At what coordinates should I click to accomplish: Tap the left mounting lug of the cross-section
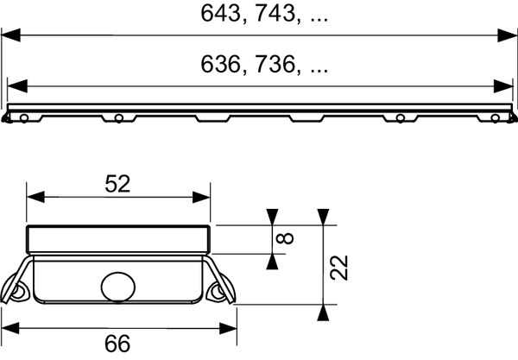pos(17,290)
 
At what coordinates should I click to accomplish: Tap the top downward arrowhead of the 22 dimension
pos(322,217)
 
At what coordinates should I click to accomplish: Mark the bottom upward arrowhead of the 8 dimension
pos(274,261)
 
